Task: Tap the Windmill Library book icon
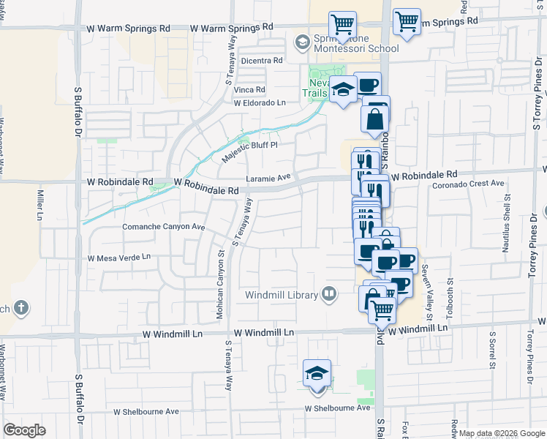pos(330,294)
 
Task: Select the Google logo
pos(24,429)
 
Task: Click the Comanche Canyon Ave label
pos(163,227)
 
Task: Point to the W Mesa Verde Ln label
pos(119,258)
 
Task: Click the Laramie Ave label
pos(268,176)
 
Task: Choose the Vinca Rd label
pos(249,89)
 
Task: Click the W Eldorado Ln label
pos(260,103)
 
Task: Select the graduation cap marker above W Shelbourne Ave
pos(317,374)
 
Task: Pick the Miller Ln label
pos(39,205)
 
